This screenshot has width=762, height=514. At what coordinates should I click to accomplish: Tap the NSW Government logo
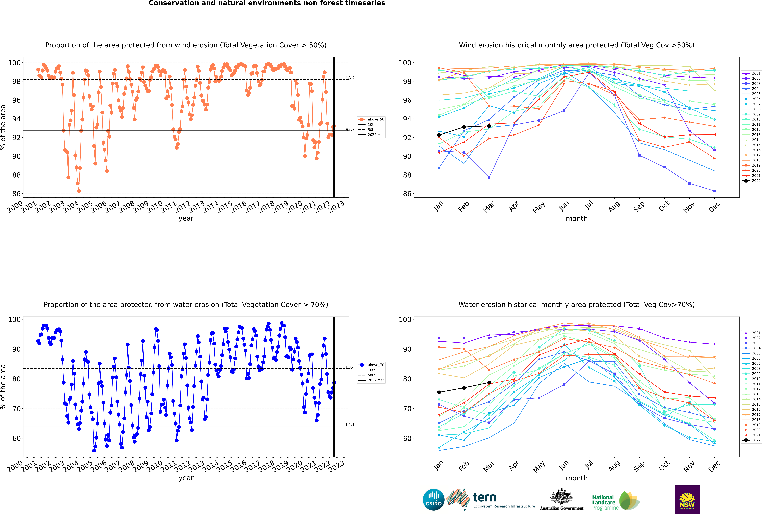687,500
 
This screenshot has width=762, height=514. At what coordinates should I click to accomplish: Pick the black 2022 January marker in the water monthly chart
439,392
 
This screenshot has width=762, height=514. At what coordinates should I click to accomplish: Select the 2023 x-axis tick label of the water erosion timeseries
337,466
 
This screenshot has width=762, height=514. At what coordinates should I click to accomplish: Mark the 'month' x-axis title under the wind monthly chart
577,219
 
